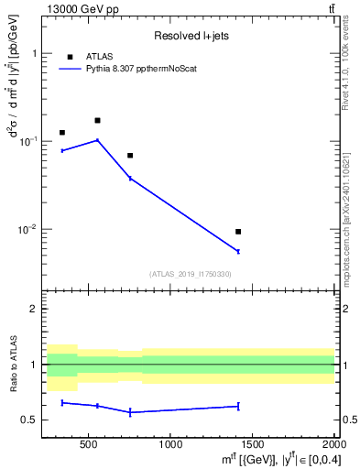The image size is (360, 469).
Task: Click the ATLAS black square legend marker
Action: pos(69,56)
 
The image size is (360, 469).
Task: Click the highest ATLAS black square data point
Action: pos(97,120)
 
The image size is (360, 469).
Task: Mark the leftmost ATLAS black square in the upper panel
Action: pos(62,133)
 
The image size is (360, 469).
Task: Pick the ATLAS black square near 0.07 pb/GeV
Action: pos(130,156)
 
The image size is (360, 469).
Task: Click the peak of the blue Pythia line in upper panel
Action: pos(97,140)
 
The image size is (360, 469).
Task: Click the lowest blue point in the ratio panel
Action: pos(130,412)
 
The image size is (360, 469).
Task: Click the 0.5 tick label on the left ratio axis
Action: pos(31,420)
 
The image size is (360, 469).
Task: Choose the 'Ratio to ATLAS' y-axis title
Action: pos(14,365)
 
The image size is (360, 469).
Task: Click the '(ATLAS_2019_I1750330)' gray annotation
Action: pos(190,274)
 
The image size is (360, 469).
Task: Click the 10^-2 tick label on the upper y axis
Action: pos(27,229)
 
